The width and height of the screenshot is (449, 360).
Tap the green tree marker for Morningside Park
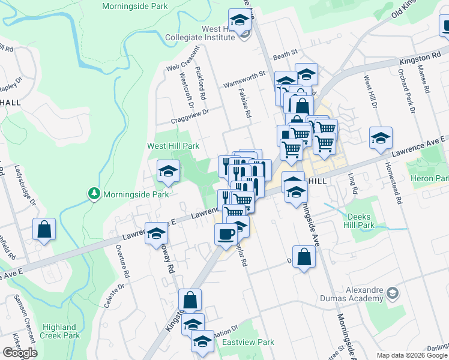[94, 193]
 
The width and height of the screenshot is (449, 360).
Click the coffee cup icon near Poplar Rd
[226, 233]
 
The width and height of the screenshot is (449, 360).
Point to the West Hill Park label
[173, 146]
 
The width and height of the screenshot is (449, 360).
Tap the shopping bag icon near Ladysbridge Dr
[44, 229]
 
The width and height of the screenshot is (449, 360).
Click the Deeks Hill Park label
[361, 220]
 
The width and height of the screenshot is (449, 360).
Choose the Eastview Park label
[248, 342]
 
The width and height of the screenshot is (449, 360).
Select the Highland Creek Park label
[61, 331]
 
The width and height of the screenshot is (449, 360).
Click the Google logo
[20, 353]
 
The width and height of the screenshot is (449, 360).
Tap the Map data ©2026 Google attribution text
[412, 356]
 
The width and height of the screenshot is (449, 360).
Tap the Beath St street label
[285, 53]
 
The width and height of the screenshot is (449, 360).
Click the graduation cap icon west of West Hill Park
[168, 172]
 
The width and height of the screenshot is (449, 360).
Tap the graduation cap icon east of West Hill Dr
[381, 139]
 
